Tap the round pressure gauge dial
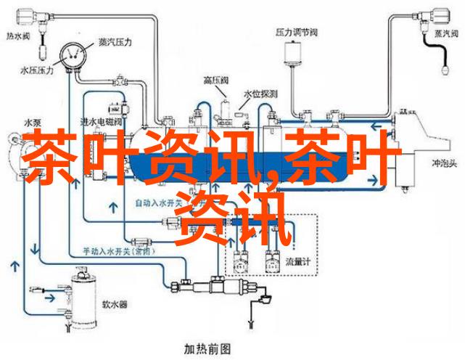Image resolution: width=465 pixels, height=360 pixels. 71,54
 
